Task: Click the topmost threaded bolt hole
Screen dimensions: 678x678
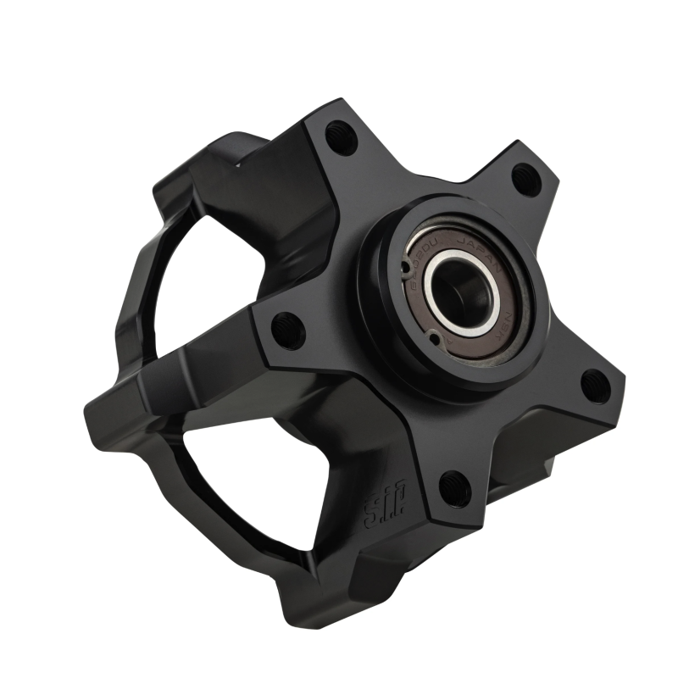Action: pyautogui.click(x=342, y=136)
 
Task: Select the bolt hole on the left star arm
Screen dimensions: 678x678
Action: pyautogui.click(x=289, y=326)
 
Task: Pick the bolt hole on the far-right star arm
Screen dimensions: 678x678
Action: pyautogui.click(x=596, y=386)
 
